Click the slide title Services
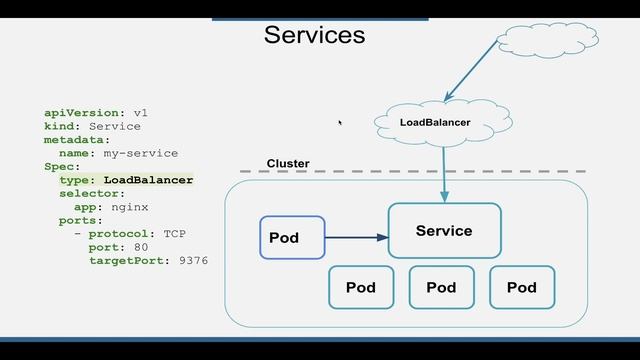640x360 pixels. [x=314, y=35]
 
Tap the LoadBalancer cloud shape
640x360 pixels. [x=434, y=123]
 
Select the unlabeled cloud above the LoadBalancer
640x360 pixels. [x=546, y=40]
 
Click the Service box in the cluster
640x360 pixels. [x=444, y=231]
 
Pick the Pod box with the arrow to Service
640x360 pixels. [x=292, y=238]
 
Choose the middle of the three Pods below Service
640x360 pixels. [x=441, y=287]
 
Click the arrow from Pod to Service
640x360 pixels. [x=356, y=238]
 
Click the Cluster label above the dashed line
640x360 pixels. [x=288, y=163]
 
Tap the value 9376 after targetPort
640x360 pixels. [x=193, y=260]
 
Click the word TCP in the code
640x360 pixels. [x=175, y=233]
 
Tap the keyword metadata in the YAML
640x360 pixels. [x=76, y=140]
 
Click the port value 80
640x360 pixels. [x=141, y=246]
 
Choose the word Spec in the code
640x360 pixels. [x=59, y=166]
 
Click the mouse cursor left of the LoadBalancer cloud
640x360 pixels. [x=340, y=123]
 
